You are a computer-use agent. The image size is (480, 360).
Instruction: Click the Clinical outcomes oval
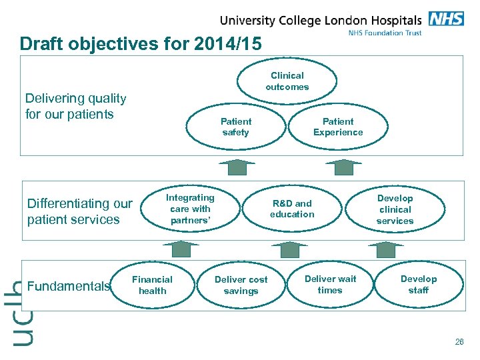(x=287, y=81)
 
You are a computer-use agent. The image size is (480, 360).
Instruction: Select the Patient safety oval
(x=235, y=127)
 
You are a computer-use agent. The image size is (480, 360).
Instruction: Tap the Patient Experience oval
(x=338, y=127)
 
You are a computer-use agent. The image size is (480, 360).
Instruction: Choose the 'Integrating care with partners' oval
(x=190, y=209)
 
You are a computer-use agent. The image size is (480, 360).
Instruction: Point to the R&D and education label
(x=292, y=209)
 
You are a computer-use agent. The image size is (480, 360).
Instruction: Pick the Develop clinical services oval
(x=395, y=209)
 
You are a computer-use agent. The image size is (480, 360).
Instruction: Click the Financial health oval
(x=152, y=285)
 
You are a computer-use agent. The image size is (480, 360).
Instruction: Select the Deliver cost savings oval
(x=241, y=285)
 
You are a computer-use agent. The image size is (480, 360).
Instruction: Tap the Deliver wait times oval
(x=330, y=284)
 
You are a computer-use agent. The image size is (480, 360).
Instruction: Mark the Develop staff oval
(x=419, y=284)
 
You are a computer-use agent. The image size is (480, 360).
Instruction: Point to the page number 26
(x=459, y=342)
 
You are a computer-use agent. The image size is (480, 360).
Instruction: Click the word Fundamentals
(x=69, y=287)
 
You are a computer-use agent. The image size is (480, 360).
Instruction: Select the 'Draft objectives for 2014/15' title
(x=141, y=44)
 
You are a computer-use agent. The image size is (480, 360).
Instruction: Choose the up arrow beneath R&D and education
(x=290, y=249)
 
